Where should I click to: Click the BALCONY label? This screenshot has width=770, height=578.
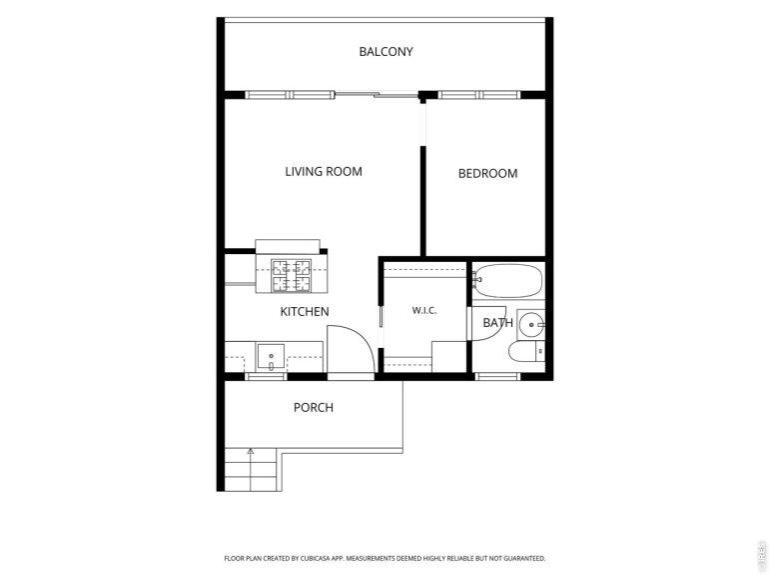[x=385, y=52]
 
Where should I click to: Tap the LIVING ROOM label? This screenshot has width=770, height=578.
[x=324, y=172]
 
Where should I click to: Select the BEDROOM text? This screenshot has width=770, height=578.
[x=487, y=174]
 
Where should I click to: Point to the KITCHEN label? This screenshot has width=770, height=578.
[x=305, y=311]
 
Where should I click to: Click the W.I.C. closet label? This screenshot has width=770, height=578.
[x=424, y=310]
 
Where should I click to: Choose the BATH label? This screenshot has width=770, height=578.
[x=498, y=323]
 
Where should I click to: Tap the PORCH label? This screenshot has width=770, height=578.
[x=314, y=407]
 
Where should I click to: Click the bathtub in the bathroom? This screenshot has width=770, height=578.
[x=508, y=281]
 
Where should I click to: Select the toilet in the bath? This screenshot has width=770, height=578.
[x=526, y=351]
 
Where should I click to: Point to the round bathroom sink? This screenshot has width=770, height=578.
[x=531, y=325]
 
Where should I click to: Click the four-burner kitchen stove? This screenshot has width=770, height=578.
[x=292, y=275]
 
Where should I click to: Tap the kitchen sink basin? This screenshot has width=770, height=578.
[x=271, y=357]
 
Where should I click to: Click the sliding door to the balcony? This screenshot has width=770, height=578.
[x=377, y=94]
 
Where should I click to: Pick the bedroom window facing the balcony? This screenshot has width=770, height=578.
[x=478, y=95]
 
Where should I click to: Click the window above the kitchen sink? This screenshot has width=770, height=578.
[x=266, y=377]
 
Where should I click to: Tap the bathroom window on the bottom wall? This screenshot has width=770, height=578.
[x=497, y=377]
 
